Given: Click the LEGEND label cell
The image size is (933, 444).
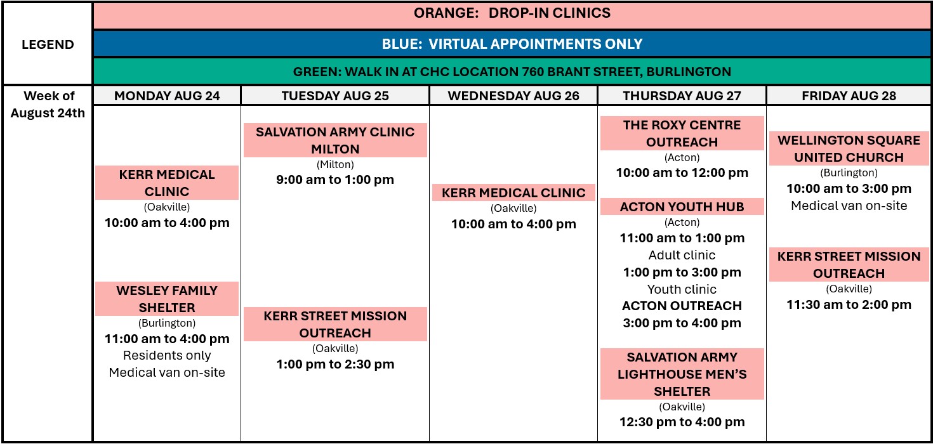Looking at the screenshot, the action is tap(48, 44).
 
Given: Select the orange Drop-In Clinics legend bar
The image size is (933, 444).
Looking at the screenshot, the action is tap(512, 16).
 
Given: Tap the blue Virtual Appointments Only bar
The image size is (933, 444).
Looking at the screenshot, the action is tap(512, 44).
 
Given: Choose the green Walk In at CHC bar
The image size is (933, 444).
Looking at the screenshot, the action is tap(512, 71).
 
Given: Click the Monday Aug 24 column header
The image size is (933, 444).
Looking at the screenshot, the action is tap(167, 96).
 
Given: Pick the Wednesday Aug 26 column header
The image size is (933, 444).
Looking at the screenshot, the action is tap(513, 96).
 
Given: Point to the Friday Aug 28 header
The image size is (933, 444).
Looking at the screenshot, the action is tap(849, 96).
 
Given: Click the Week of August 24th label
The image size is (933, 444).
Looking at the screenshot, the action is tap(48, 105).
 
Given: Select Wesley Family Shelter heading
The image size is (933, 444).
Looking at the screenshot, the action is tap(167, 299).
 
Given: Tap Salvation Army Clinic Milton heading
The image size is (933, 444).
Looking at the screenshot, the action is tap(335, 140).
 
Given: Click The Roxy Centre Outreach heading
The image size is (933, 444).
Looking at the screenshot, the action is tap(682, 133).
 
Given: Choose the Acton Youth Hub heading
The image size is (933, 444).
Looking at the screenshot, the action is tap(682, 206).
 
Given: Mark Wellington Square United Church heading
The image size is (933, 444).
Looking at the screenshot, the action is tap(849, 148).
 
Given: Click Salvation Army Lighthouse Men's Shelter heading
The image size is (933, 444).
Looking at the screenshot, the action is tap(682, 374).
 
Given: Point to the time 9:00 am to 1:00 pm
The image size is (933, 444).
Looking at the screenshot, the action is tap(335, 180).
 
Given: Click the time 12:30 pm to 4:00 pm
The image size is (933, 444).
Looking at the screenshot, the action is tap(682, 422).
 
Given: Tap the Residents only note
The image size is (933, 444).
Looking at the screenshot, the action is tap(167, 355).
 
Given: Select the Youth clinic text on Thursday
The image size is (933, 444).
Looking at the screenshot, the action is tap(682, 289).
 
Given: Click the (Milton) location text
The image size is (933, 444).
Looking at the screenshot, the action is tap(335, 164).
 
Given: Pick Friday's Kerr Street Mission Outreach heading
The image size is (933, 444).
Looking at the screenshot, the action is tap(849, 264).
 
